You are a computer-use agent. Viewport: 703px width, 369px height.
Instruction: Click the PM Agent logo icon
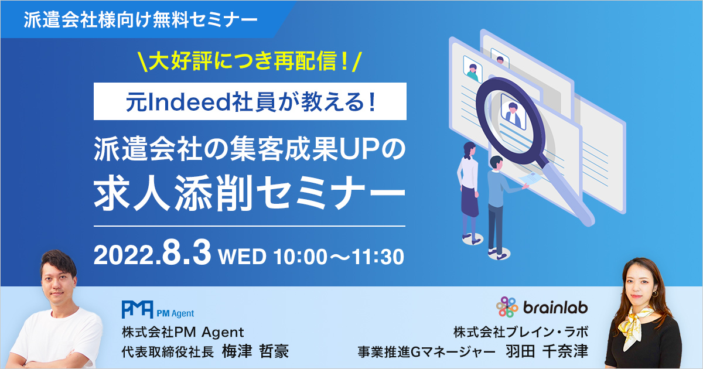138,309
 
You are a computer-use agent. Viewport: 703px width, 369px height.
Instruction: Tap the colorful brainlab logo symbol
507,307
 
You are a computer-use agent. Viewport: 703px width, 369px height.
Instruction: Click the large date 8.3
186,253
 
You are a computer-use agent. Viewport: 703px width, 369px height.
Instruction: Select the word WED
243,257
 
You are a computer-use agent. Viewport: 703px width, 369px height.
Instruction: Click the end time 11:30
377,257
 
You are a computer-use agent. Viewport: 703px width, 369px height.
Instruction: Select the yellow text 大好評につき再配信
247,61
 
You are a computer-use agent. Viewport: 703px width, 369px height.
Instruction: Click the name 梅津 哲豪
255,351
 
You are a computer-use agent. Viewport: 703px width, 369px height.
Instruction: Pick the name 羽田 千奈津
547,351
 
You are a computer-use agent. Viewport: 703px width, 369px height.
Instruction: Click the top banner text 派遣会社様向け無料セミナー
141,20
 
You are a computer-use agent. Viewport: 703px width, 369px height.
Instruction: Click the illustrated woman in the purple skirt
469,192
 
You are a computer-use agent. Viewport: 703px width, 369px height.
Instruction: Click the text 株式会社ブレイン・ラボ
521,332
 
